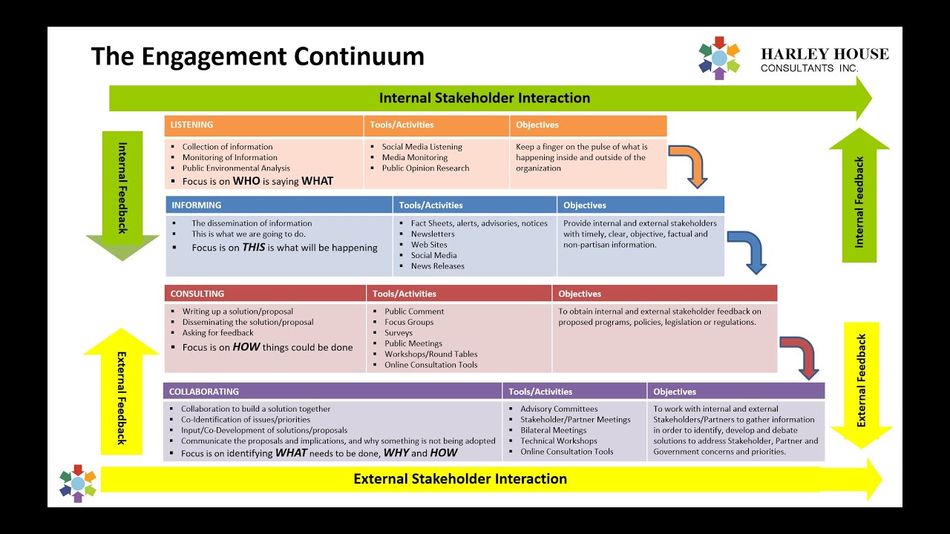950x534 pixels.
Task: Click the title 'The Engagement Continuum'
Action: click(x=258, y=56)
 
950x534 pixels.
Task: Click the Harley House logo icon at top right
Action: click(x=719, y=58)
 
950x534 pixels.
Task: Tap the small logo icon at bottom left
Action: click(x=78, y=484)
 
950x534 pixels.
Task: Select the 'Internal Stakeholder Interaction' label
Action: click(x=484, y=98)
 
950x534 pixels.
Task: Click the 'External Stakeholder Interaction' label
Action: click(x=460, y=479)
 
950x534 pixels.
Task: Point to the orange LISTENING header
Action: click(x=192, y=125)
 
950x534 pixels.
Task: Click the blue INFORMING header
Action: click(x=197, y=205)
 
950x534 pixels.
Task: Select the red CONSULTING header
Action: click(x=197, y=294)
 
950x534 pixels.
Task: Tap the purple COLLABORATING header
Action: click(x=204, y=392)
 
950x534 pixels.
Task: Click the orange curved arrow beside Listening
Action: click(x=690, y=165)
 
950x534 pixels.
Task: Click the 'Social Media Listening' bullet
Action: click(x=422, y=147)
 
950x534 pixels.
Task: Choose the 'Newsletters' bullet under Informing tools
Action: click(x=433, y=234)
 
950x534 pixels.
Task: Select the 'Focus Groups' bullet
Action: click(x=409, y=323)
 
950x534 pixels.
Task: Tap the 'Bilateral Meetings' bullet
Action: click(x=553, y=430)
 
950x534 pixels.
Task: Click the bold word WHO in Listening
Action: click(x=246, y=181)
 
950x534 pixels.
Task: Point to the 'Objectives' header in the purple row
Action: click(x=675, y=392)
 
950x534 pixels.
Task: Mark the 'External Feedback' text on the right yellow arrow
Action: click(x=862, y=380)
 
